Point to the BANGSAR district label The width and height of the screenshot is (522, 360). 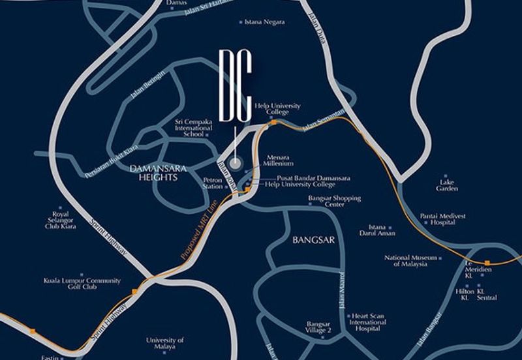[x=311, y=240]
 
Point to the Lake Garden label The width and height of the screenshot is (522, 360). [x=447, y=185]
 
